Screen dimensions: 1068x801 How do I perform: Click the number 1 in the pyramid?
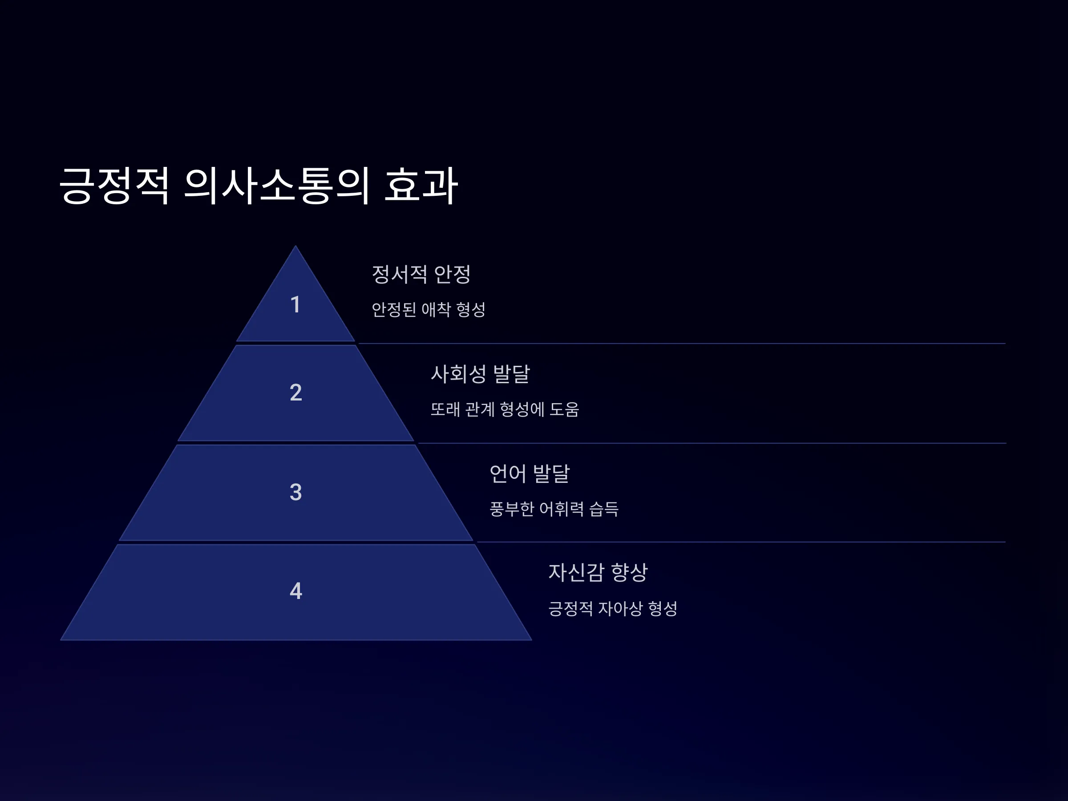295,304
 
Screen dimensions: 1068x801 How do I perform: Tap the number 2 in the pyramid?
295,392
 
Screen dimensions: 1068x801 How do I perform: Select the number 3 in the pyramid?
295,492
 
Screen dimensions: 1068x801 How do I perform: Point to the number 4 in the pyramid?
295,591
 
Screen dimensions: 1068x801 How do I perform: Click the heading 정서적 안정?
421,274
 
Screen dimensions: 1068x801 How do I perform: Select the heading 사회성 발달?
480,373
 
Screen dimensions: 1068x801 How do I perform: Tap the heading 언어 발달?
530,473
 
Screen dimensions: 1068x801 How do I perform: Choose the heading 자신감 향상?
598,572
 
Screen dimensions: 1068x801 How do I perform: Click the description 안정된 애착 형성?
428,309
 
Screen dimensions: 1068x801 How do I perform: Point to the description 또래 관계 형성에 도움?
505,409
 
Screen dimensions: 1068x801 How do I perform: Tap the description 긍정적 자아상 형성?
613,608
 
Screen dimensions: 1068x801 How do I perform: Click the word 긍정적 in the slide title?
114,186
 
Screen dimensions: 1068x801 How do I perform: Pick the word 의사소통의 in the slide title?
277,186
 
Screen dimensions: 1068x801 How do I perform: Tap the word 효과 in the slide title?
421,186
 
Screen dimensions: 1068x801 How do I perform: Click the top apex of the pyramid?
295,246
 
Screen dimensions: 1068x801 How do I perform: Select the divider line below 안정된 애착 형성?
682,343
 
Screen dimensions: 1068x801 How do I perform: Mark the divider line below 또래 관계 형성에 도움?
712,443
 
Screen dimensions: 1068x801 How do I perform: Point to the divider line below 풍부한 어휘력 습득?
741,542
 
